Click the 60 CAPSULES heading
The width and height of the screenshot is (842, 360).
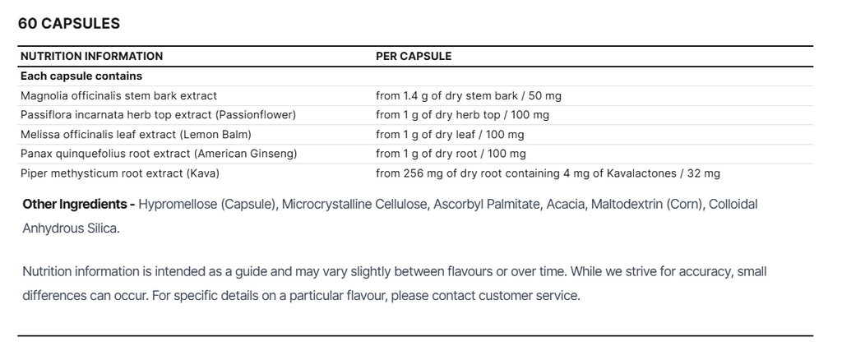[69, 24]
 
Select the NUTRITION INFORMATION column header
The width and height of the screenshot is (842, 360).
[91, 57]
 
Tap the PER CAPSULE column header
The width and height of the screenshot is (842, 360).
[414, 57]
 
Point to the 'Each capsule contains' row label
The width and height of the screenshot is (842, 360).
[81, 76]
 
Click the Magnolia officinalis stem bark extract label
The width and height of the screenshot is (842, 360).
[118, 96]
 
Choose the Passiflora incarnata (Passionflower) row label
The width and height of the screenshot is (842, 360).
[158, 115]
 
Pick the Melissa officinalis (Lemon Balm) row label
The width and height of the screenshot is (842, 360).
[136, 135]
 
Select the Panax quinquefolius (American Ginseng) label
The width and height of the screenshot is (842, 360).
[159, 154]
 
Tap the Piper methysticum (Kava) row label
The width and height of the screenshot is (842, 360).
[120, 173]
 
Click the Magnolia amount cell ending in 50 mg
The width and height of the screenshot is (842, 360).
[469, 96]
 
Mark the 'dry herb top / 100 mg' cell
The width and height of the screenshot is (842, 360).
[462, 115]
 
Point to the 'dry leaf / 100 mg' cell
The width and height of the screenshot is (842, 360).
[450, 135]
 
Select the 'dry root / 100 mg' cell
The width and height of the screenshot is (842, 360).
[451, 154]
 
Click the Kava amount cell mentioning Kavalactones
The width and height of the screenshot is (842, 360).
[548, 173]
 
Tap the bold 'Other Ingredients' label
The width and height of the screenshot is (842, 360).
[79, 204]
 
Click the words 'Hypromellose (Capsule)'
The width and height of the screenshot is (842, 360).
[206, 204]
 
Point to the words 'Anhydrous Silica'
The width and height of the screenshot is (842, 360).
[70, 228]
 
